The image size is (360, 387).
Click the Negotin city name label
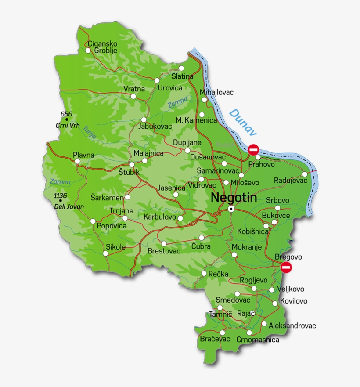point(234,198)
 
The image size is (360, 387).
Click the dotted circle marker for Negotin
point(231,210)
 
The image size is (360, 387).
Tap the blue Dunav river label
point(243,122)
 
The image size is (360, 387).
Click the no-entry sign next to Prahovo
point(253,149)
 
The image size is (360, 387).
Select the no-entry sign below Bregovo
point(286,267)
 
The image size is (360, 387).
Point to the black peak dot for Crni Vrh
point(67,119)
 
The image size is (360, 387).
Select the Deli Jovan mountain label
point(69,206)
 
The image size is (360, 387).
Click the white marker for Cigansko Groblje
point(88,51)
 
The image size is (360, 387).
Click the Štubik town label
point(129,172)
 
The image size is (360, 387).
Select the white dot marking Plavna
point(78,161)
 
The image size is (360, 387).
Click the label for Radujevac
point(291,180)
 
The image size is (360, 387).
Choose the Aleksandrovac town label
point(292,326)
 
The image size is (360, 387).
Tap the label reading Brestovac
point(164,251)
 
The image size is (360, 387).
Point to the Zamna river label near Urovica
point(177,102)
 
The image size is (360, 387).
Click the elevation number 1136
point(60,196)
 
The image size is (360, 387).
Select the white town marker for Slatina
point(181,68)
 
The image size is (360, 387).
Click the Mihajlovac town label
point(216,92)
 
